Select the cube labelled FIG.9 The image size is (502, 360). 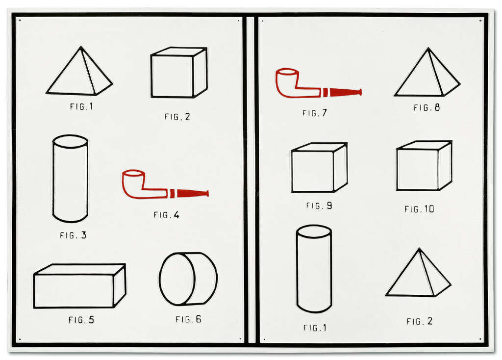tap(319, 168)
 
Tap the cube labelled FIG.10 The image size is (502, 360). tap(424, 166)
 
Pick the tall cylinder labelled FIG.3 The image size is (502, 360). tap(70, 179)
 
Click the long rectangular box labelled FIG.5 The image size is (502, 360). tap(79, 286)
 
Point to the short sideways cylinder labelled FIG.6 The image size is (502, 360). tap(188, 279)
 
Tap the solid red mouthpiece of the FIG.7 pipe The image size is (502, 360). tap(345, 92)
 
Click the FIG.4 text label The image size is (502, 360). tap(166, 215)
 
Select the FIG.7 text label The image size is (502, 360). tap(314, 113)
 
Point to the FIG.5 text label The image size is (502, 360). tap(81, 320)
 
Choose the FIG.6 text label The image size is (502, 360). tap(188, 319)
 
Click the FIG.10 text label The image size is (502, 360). tap(419, 209)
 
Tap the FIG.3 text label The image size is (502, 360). tap(73, 235)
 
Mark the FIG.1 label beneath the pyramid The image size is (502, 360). tap(81, 106)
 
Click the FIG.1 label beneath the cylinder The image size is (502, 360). tap(315, 328)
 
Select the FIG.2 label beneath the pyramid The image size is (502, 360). tap(419, 322)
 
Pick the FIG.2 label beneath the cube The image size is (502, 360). tap(177, 117)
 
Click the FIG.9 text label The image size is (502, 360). tap(319, 206)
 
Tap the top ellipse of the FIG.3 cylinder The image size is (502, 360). tap(70, 142)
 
